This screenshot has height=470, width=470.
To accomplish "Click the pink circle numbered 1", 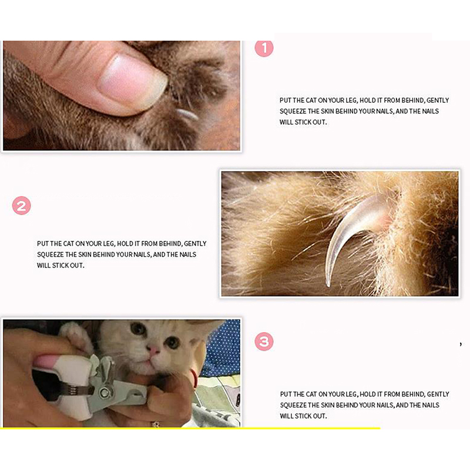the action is tap(264, 48).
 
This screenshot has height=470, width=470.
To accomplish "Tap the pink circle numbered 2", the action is tap(21, 206).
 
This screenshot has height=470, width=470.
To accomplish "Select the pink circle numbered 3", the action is tap(264, 341).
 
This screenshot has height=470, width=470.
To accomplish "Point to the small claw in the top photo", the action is tap(186, 114).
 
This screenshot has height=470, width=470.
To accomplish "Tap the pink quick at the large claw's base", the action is tap(383, 218).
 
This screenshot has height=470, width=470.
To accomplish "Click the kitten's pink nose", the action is tap(154, 350).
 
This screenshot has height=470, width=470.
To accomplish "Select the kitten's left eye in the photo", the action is tap(138, 328).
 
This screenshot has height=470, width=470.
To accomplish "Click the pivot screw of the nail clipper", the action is tap(105, 392).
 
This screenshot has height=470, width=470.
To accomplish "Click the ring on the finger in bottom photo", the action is tap(156, 424).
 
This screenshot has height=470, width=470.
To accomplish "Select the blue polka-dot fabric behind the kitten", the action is tap(222, 348).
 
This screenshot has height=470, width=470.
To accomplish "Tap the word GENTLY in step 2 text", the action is tap(195, 244).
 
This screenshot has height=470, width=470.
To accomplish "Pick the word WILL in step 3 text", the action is tap(287, 416).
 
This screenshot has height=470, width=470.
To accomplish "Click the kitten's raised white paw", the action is tap(76, 335).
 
